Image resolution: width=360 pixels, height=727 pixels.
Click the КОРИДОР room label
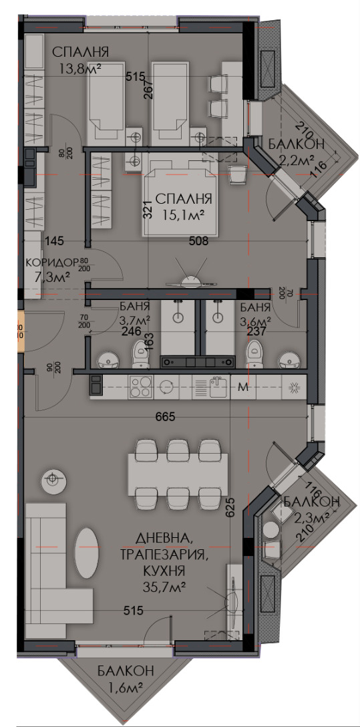pyautogui.click(x=51, y=262)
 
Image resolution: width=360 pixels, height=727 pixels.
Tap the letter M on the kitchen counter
pyautogui.click(x=244, y=387)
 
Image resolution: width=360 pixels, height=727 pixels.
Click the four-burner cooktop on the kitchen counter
pyautogui.click(x=140, y=386)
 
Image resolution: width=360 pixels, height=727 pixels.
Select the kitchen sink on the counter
pyautogui.click(x=218, y=386)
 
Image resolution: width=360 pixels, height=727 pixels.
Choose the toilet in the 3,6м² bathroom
pyautogui.click(x=254, y=354)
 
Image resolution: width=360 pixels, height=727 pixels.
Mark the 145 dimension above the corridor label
pyautogui.click(x=55, y=241)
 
